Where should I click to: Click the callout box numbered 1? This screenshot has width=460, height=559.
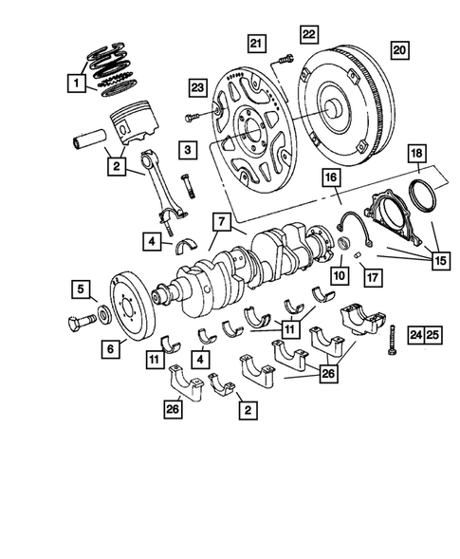(x=73, y=84)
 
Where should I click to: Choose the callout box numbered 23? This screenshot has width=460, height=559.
(x=196, y=88)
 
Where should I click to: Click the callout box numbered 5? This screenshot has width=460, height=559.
(x=83, y=289)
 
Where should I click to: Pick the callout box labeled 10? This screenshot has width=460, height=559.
(x=337, y=276)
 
